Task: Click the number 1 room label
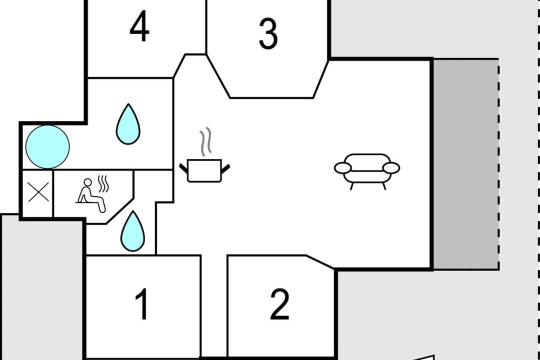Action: tap(142, 304)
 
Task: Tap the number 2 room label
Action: tap(279, 304)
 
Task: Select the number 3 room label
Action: tap(268, 33)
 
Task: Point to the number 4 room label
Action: tap(139, 26)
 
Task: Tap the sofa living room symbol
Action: tap(367, 171)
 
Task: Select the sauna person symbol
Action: tap(91, 195)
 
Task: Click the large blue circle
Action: tap(47, 147)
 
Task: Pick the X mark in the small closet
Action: tap(38, 192)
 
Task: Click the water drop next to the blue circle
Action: tap(128, 124)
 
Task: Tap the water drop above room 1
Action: tap(133, 231)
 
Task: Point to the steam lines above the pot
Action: tap(205, 142)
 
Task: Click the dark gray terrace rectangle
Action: tap(465, 164)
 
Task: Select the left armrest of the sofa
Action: tap(343, 168)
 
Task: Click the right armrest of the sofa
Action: tap(391, 168)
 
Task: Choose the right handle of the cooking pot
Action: tap(225, 168)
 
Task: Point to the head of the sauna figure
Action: tap(88, 182)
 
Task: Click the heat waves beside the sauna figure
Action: tap(103, 184)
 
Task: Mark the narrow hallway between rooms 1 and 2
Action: tap(214, 306)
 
